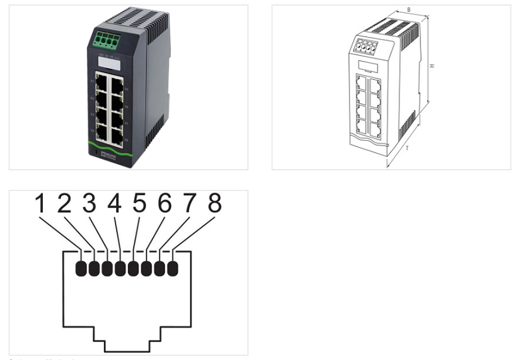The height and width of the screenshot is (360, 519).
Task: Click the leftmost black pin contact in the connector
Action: pyautogui.click(x=81, y=268)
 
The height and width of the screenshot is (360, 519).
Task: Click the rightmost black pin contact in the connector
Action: pyautogui.click(x=173, y=268)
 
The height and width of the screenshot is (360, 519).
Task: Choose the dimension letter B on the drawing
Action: pyautogui.click(x=408, y=10)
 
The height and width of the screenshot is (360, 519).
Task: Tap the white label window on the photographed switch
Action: pyautogui.click(x=108, y=64)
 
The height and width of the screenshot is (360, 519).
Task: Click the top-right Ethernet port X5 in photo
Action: pyautogui.click(x=117, y=86)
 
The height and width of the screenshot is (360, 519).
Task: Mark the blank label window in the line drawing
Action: pyautogui.click(x=368, y=66)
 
